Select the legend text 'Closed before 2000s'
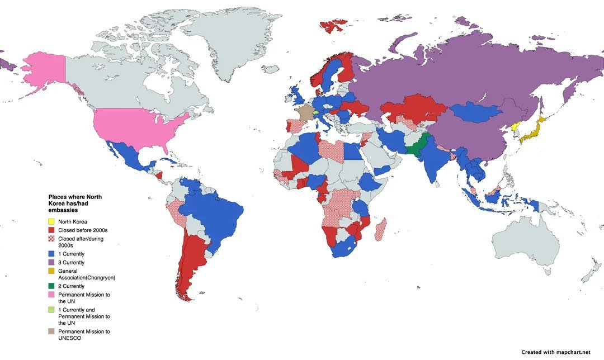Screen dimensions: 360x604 [83, 230]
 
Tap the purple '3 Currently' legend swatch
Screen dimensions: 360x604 [51, 261]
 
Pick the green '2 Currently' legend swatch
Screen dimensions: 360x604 [51, 286]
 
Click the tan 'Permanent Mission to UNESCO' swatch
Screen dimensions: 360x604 [51, 331]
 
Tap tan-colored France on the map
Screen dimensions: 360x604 [305, 113]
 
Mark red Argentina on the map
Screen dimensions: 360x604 [191, 263]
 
